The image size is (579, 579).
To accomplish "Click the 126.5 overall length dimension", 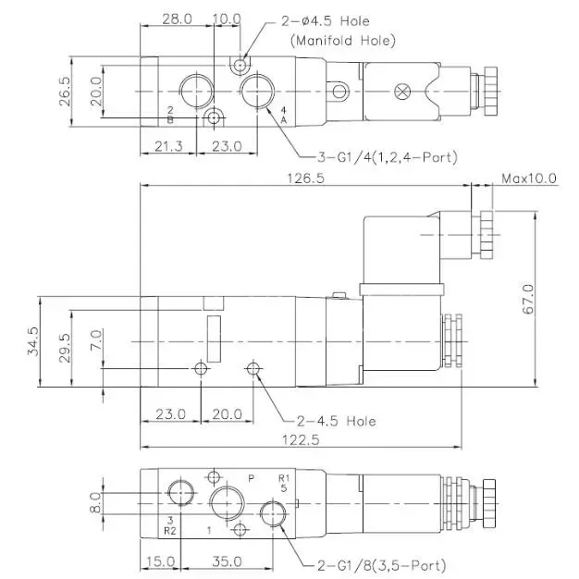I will [306, 179].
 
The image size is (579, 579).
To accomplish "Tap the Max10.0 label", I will [528, 179].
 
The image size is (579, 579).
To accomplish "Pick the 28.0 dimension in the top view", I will [176, 18].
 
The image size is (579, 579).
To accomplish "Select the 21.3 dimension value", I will [168, 145].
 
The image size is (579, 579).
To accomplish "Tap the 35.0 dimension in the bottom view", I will [227, 561].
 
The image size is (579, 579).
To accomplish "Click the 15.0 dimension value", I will [160, 561].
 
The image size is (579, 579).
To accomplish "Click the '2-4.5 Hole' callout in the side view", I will [337, 420].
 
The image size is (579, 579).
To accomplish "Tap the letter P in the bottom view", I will [250, 478].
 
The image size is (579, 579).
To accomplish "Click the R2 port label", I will [169, 531].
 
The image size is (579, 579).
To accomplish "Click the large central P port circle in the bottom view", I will [225, 504].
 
